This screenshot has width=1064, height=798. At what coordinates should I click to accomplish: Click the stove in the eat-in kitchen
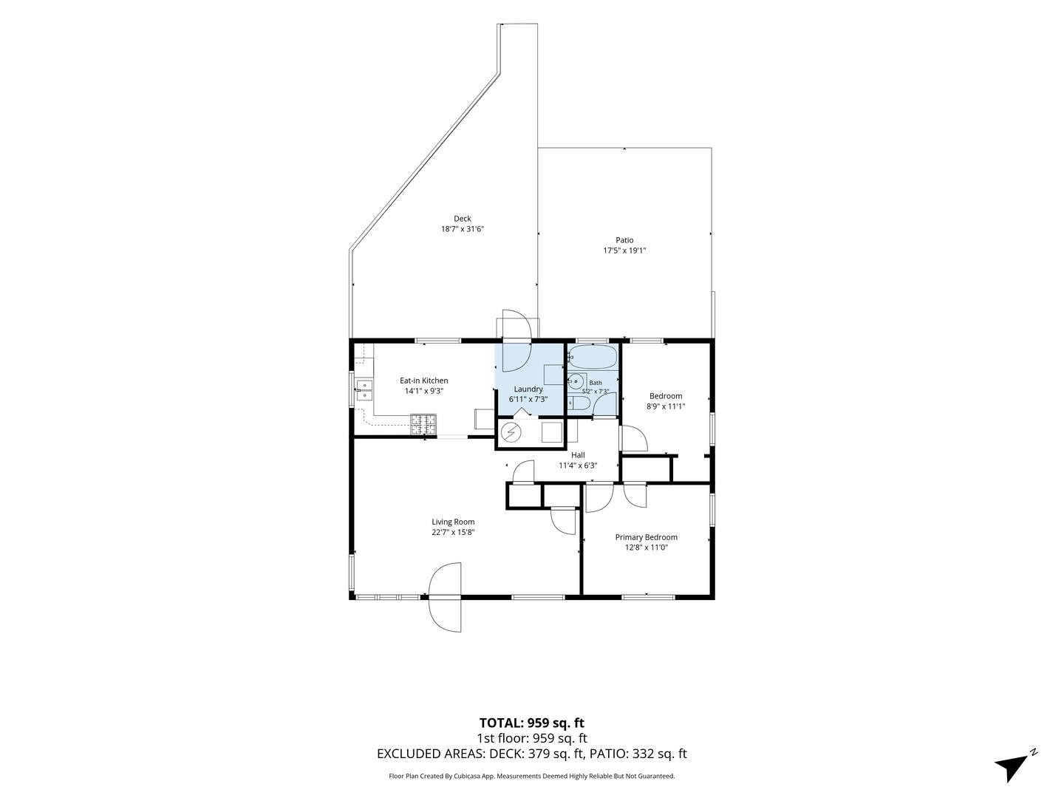(423, 424)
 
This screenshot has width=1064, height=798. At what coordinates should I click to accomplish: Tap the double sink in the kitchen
(364, 391)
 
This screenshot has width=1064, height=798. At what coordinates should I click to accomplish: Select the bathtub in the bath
(593, 357)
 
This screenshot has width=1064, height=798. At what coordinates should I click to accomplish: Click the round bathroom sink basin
(576, 382)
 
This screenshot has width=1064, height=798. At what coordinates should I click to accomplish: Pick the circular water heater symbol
(510, 432)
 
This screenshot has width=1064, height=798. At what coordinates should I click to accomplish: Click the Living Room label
(453, 522)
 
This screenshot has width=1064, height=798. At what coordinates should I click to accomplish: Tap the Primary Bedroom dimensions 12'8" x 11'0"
(646, 548)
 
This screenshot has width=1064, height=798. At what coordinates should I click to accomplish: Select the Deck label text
(463, 219)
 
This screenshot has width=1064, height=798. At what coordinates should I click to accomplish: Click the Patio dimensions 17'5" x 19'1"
(625, 250)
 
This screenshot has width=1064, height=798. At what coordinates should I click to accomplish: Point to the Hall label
(578, 455)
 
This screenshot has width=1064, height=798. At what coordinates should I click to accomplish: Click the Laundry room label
(528, 389)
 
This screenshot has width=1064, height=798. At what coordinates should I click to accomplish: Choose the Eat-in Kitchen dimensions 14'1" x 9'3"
(424, 391)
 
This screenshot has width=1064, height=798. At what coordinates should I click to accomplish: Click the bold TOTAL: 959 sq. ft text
(532, 723)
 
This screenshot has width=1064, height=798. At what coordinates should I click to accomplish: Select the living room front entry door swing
(446, 597)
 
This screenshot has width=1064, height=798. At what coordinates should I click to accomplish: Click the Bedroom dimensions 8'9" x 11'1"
(666, 406)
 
